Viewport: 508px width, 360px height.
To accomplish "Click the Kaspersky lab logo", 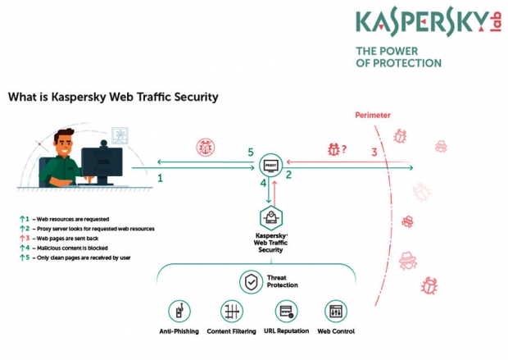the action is tap(429, 23).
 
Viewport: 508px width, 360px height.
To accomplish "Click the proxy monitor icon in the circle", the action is tap(271, 166).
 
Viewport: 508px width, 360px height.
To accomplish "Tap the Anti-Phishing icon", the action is tap(179, 311).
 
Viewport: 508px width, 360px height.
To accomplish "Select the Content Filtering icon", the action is tap(232, 311).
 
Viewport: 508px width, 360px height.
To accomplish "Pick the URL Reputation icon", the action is tap(287, 311).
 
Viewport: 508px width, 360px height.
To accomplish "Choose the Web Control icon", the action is tap(336, 311).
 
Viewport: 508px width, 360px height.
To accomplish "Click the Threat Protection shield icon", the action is tap(251, 282).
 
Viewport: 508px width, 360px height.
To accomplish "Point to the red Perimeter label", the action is tap(373, 115).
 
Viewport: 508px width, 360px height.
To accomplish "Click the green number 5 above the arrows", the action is tap(251, 152).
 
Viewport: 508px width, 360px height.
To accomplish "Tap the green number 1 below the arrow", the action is tap(160, 178).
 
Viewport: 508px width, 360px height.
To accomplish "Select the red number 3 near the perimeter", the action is tap(374, 152).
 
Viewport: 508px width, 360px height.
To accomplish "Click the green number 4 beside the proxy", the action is tap(263, 183).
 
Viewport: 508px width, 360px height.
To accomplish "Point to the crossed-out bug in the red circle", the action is tap(206, 148).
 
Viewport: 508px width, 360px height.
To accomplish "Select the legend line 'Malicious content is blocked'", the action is tap(72, 248).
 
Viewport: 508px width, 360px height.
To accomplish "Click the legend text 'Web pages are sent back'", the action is tap(67, 239).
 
